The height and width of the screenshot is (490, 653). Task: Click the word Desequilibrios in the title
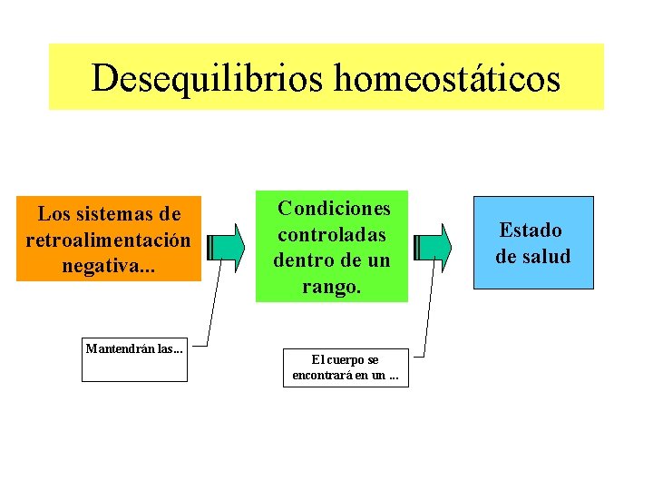208,78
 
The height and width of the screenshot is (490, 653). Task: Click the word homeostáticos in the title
447,78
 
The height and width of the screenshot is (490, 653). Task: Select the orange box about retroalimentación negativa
108,239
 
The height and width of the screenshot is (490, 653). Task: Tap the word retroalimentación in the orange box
108,241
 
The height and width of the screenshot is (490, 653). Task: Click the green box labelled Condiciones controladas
332,246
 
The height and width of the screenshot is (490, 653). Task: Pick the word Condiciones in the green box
334,209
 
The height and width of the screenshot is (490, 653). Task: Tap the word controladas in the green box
332,235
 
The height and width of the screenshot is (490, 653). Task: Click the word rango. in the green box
332,288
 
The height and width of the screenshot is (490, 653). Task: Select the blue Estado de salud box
533,242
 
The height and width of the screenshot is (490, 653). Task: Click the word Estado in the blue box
531,230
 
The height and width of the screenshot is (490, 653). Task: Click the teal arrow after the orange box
226,247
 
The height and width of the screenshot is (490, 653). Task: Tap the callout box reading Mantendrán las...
134,360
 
